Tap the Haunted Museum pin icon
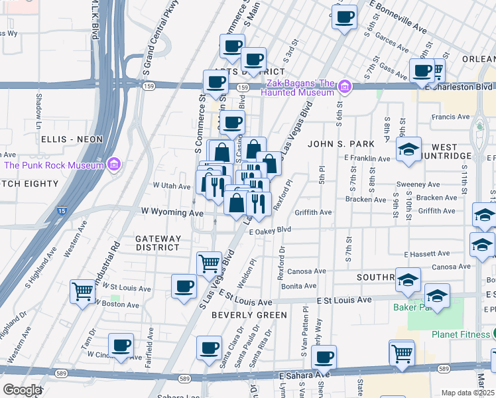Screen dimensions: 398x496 (x=344, y=87)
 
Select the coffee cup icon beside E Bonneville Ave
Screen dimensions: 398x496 (x=344, y=17)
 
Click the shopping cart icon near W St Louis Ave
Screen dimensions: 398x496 (x=82, y=291)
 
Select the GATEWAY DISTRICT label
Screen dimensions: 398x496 (x=158, y=243)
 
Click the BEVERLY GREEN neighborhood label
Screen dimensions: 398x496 (x=249, y=315)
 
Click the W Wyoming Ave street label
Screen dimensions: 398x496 (x=172, y=213)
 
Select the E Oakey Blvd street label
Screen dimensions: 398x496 (x=271, y=230)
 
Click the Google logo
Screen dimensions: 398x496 (x=21, y=390)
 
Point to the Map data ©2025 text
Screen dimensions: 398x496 (x=467, y=393)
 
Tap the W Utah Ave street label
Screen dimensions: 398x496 (x=172, y=186)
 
